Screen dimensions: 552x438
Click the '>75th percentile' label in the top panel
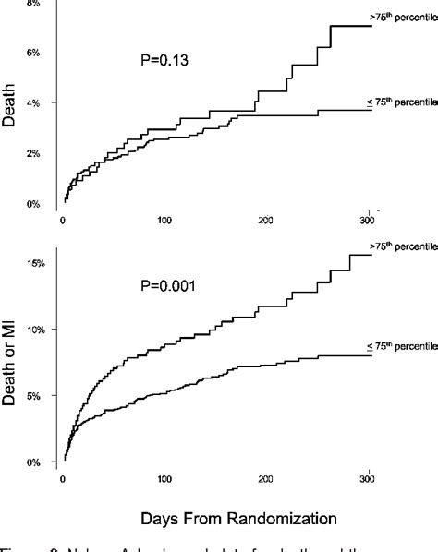399,18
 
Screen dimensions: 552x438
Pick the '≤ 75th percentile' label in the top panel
399,102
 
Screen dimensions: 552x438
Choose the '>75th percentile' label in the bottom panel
399,247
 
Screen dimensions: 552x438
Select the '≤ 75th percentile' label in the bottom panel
399,347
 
